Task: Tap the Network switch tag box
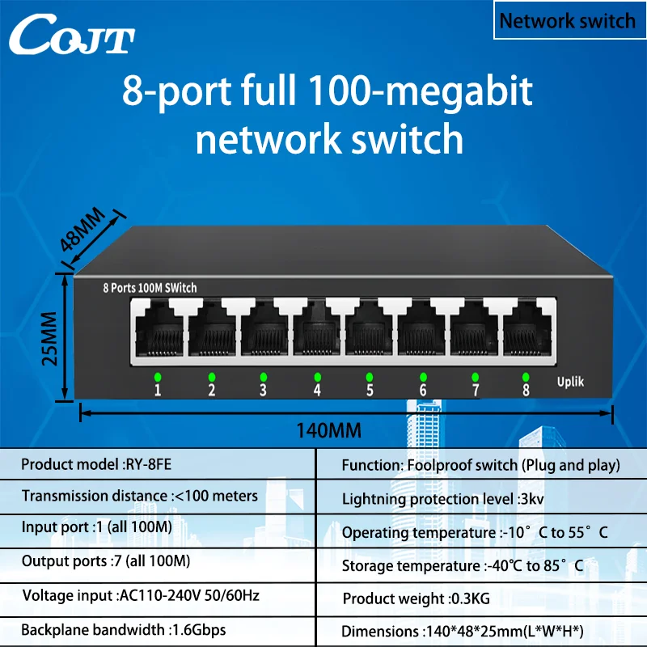coord(567,21)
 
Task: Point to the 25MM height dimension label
coord(51,337)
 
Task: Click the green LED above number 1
coord(159,377)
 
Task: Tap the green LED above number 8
coord(526,377)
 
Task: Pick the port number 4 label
coord(317,391)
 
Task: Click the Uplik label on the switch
coord(570,382)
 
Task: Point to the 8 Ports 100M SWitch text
coord(150,288)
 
